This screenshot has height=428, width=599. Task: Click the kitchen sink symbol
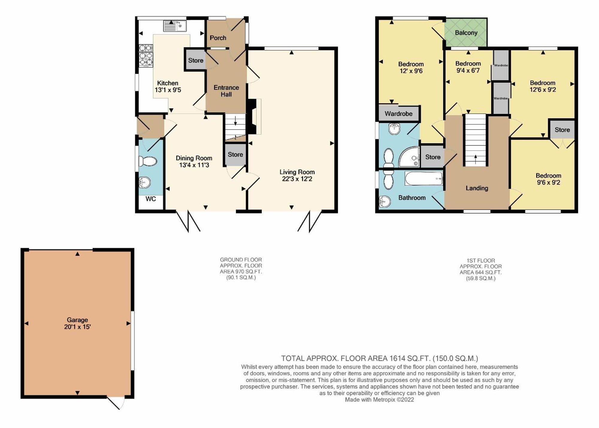(x=175, y=26)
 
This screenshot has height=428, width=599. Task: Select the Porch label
(x=218, y=38)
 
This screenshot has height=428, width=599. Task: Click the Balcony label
(x=466, y=33)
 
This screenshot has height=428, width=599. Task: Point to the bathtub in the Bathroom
(x=423, y=179)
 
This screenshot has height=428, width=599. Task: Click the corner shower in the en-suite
(x=409, y=156)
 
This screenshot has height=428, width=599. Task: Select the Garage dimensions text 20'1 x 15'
(x=77, y=327)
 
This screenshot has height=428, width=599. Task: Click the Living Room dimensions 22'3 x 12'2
(x=297, y=179)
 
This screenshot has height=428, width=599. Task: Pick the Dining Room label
(x=194, y=158)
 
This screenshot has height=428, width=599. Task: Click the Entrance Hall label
(x=226, y=91)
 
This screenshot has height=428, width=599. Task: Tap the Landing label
(x=477, y=188)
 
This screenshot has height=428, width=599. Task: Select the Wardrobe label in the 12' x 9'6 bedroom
(x=398, y=114)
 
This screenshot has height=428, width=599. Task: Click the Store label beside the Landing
(x=433, y=157)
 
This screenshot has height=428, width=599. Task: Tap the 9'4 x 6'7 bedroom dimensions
(x=468, y=71)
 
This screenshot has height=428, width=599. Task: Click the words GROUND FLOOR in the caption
(x=241, y=260)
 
